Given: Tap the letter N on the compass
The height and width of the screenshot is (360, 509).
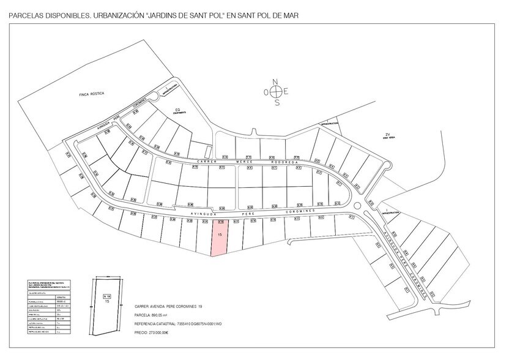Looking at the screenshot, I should [x=276, y=81].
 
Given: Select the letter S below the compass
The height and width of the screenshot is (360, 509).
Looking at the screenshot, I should [x=277, y=103].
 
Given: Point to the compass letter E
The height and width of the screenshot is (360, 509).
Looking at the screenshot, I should [x=286, y=92].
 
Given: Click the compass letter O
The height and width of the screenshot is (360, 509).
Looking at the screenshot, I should [x=266, y=92].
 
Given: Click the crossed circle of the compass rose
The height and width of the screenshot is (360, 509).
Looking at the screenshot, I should [x=277, y=92].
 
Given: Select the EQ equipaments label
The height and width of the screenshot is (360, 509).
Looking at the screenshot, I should [x=178, y=111].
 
